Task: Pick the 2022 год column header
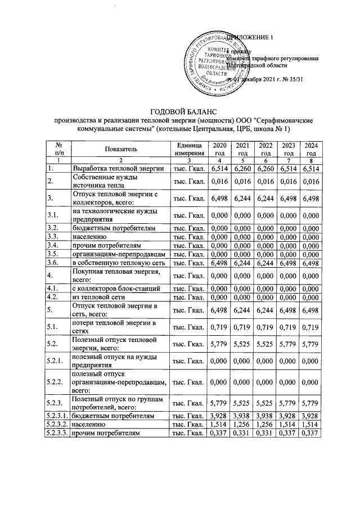[265, 150]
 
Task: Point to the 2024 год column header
[310, 150]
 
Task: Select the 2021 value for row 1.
[242, 168]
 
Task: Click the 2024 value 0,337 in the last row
[310, 433]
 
